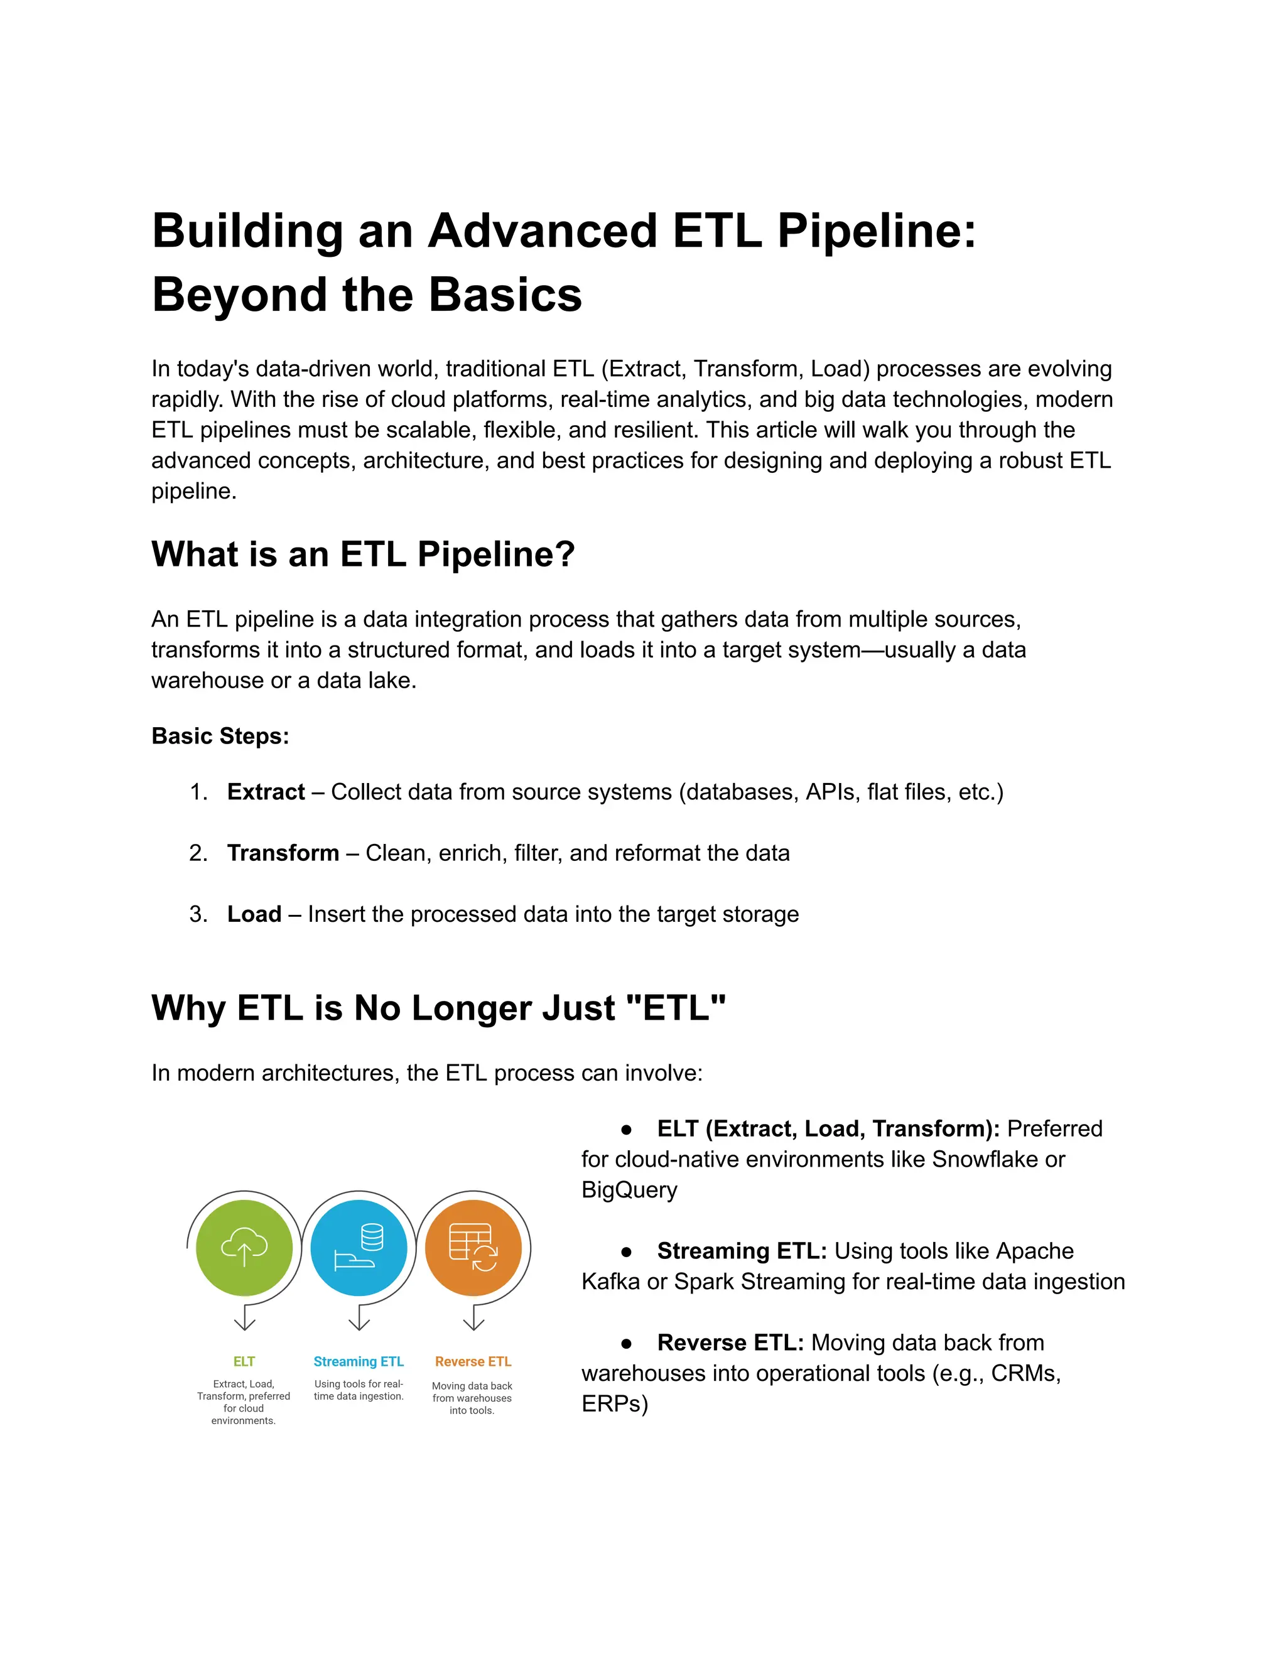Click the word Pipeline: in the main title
[876, 231]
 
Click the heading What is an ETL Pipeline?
[363, 554]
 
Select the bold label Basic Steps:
[220, 736]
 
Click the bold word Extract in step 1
[266, 792]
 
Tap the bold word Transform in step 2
[283, 853]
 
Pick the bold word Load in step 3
[254, 914]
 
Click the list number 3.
[197, 914]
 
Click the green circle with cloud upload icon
[244, 1247]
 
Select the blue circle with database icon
[358, 1247]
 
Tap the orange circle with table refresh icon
[473, 1247]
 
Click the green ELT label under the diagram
[244, 1361]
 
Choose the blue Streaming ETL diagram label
[358, 1361]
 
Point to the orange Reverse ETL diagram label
[473, 1361]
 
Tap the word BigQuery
[629, 1189]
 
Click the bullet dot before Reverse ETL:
[626, 1343]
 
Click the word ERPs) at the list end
[614, 1403]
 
